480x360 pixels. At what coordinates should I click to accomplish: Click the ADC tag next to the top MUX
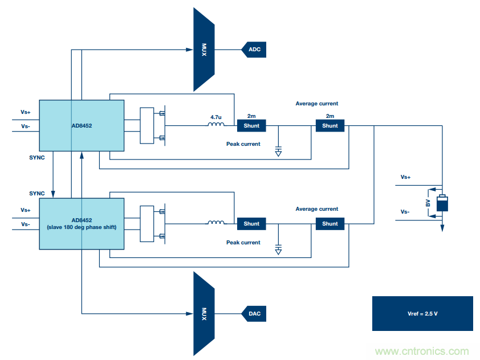(x=254, y=50)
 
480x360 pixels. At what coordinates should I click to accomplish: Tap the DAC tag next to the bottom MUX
(x=254, y=313)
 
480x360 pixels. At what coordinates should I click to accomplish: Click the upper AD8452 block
(x=82, y=125)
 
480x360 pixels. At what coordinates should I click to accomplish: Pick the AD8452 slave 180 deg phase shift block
(x=82, y=223)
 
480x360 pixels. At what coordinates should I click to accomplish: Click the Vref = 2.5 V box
(x=422, y=313)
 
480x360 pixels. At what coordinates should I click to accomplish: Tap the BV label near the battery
(x=429, y=204)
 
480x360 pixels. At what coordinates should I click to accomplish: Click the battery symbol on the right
(x=442, y=204)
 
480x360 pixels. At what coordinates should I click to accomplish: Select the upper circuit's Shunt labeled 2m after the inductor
(x=251, y=126)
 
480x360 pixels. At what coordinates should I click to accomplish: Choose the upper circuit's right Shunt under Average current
(x=330, y=126)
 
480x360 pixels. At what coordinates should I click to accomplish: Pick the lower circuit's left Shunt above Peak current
(x=251, y=224)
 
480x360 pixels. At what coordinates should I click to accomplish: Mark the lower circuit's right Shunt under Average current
(x=330, y=224)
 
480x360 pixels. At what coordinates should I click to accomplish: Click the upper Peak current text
(x=243, y=144)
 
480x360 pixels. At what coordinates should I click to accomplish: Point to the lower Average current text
(x=316, y=209)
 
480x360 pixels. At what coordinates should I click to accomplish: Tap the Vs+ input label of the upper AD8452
(x=26, y=112)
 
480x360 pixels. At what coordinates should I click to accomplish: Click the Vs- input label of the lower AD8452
(x=26, y=224)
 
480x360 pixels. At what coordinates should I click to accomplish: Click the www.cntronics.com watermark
(x=422, y=351)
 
